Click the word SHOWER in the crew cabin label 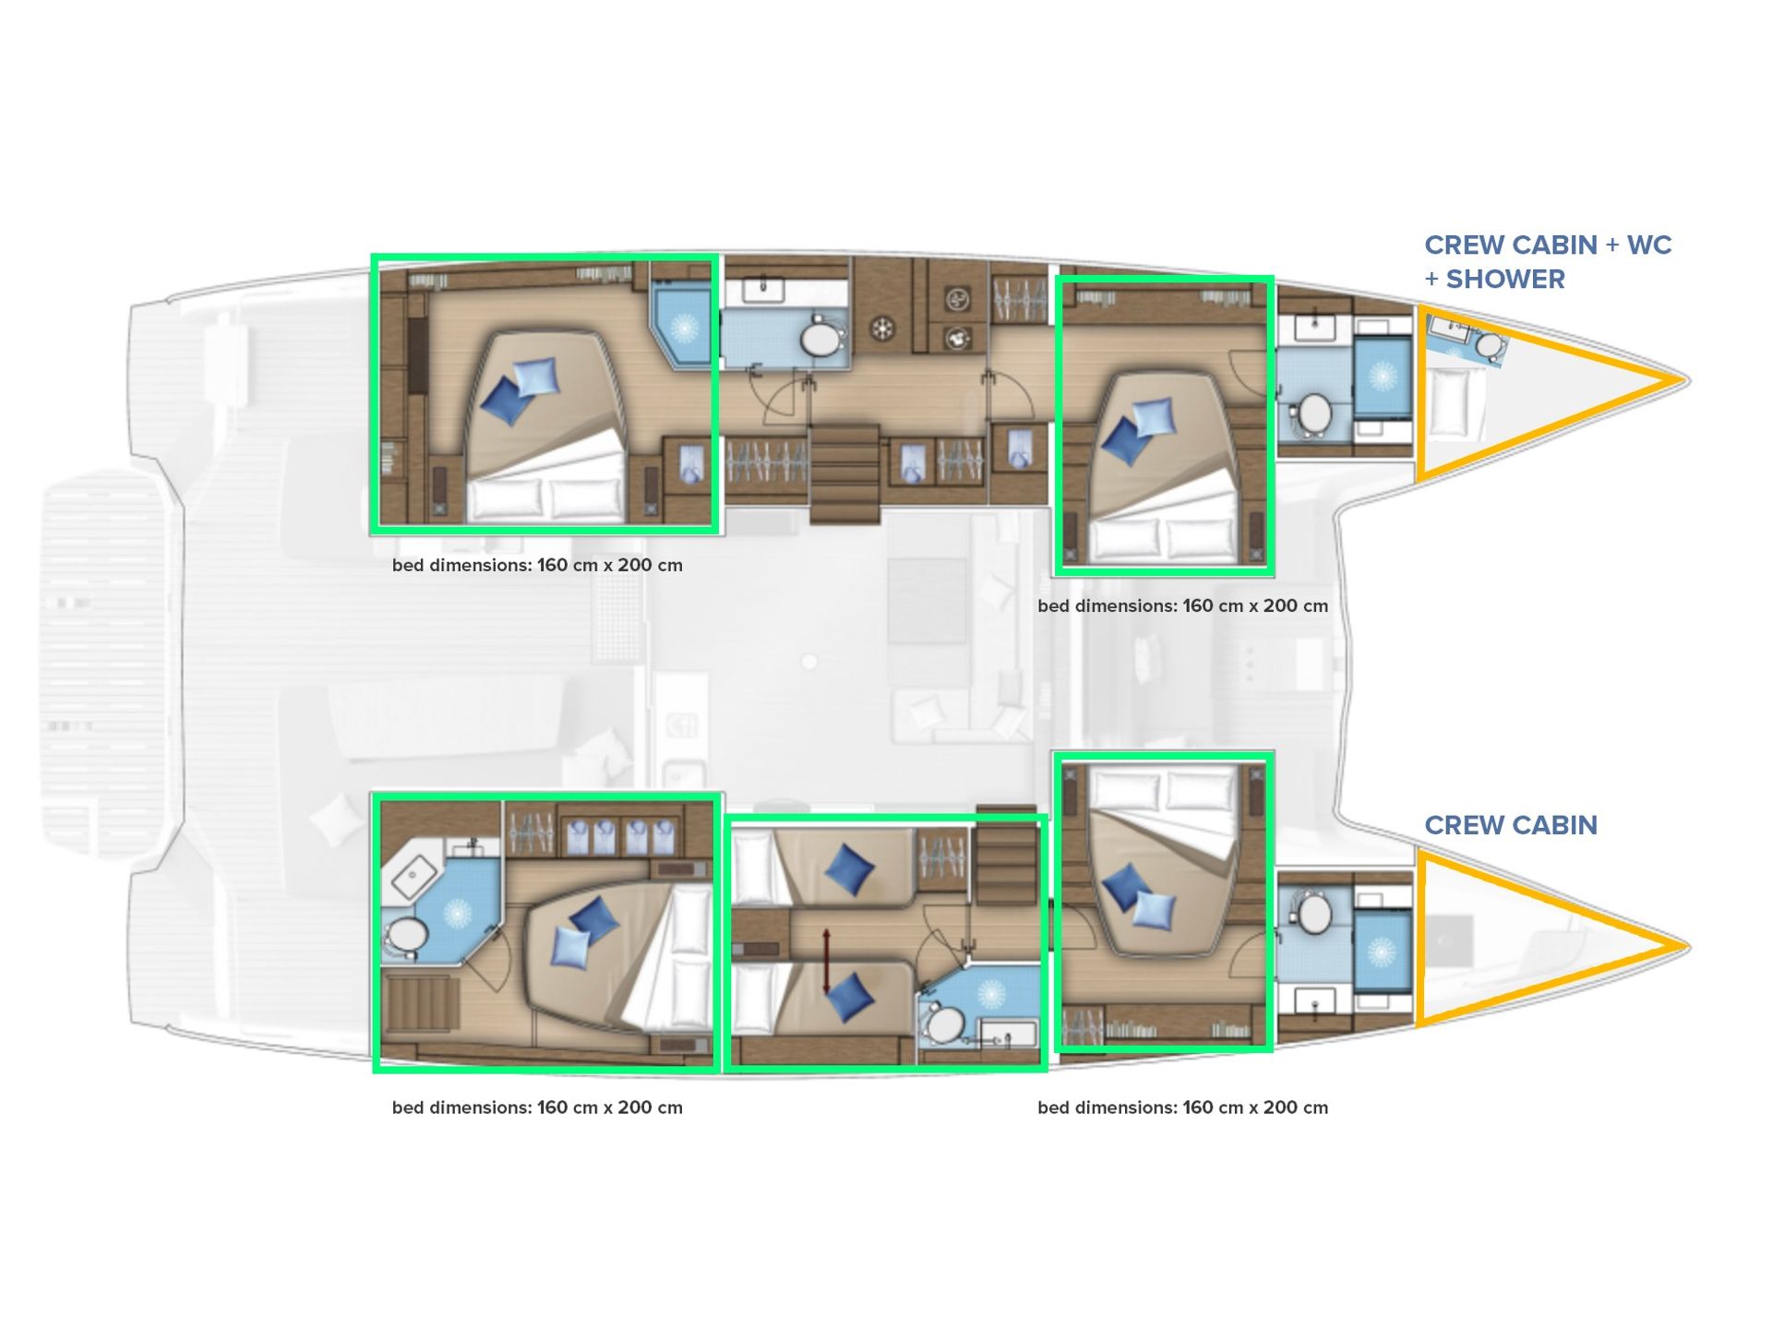1505,279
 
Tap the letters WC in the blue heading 1648,245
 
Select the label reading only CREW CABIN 1510,825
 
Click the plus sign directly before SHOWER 1431,279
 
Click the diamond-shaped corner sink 414,876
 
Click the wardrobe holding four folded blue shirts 618,836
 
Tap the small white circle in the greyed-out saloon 809,662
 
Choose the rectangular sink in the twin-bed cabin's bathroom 1006,1034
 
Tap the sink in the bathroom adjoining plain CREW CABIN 1315,1000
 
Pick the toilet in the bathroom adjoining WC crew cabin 1314,414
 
